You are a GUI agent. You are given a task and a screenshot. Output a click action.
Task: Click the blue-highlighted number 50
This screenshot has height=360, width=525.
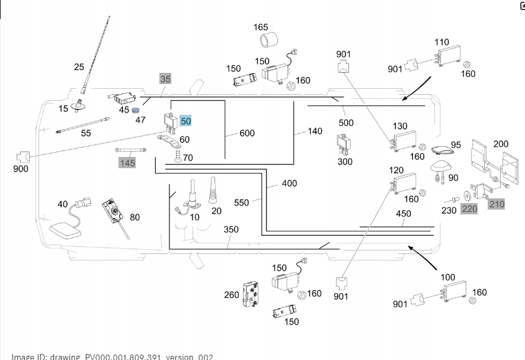pos(186,121)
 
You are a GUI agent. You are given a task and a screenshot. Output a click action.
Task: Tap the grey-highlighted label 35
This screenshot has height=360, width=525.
pos(165,79)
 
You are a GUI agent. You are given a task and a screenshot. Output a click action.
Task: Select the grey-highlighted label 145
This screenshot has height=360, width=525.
pos(127,162)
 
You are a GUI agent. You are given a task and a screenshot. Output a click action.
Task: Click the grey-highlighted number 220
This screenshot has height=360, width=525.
pos(469,208)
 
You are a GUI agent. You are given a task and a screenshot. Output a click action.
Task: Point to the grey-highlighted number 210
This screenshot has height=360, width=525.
pos(497,204)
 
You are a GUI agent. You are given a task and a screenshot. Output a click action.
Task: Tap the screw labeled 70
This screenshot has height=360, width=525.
pos(177,157)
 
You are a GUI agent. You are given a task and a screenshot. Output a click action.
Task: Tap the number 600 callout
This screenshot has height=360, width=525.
pos(247,133)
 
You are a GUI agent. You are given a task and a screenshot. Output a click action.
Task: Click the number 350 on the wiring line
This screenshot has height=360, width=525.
pos(231,229)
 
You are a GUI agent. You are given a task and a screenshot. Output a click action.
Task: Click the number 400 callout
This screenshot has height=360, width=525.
pos(289,184)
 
